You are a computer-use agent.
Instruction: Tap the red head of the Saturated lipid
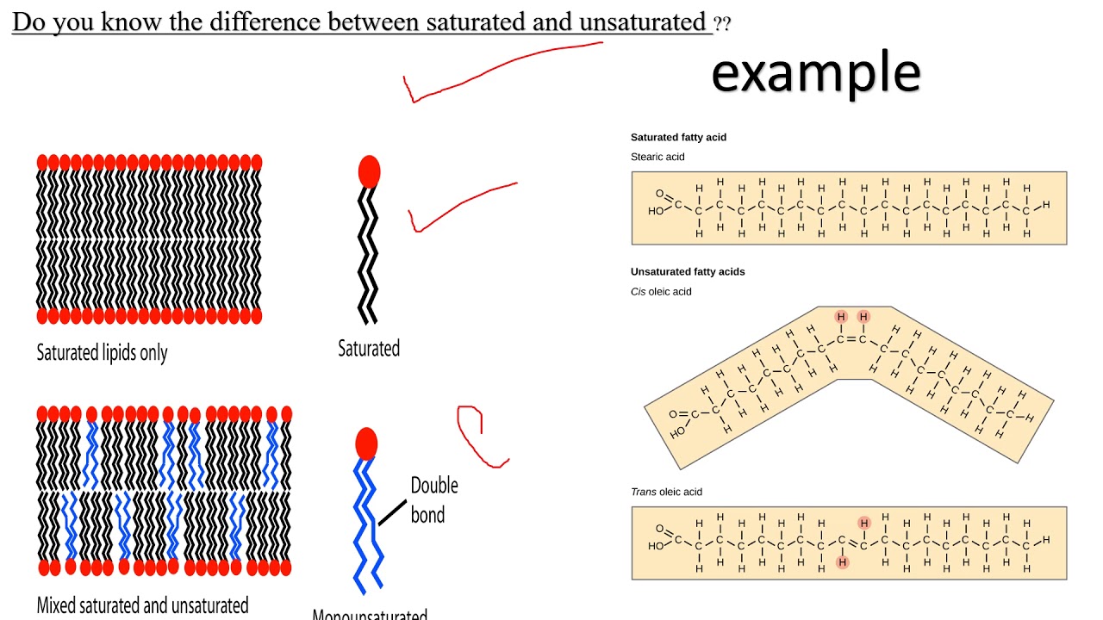point(369,171)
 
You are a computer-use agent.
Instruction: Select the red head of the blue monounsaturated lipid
point(366,443)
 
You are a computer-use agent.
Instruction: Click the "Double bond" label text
point(433,500)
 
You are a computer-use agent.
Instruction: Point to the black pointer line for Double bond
point(392,512)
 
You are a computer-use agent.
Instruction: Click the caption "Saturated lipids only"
point(102,353)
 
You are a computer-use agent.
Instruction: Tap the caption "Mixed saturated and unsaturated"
point(142,605)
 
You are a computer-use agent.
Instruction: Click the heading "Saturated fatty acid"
point(678,137)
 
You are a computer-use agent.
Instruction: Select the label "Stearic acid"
point(657,157)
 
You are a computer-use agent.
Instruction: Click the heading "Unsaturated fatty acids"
point(688,271)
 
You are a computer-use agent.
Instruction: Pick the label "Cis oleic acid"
point(661,291)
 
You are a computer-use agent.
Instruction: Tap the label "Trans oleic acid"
point(666,492)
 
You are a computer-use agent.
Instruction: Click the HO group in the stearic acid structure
point(657,210)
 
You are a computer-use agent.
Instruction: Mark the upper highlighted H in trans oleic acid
point(863,523)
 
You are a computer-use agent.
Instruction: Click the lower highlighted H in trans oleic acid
point(842,562)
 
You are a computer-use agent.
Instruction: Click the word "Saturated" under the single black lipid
point(369,349)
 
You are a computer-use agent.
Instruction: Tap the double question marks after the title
point(722,24)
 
